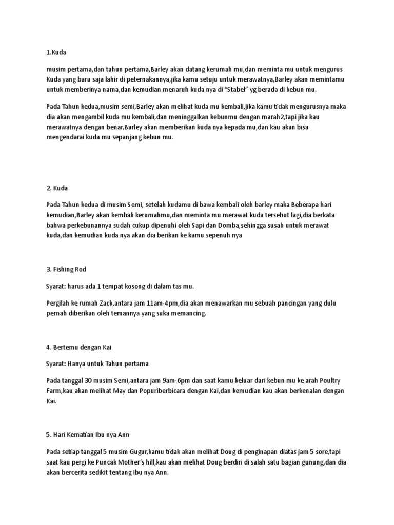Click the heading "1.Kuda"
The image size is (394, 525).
tap(56, 53)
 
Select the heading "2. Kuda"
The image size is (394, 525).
tap(58, 188)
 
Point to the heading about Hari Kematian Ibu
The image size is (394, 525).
tap(88, 435)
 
